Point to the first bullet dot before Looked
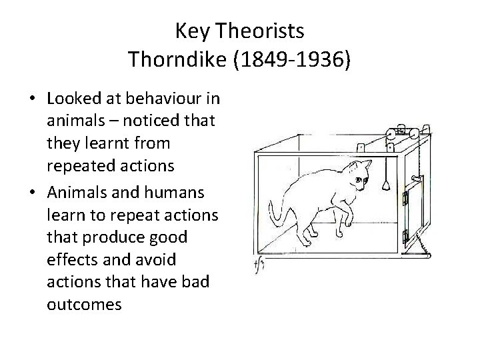32,99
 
